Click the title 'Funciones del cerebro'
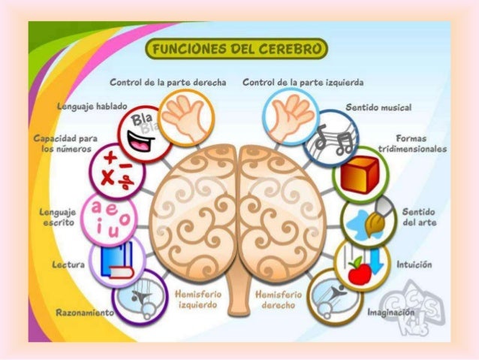click(239, 50)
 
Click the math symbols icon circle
click(111, 171)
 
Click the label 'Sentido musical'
click(378, 108)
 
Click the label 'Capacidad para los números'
click(59, 144)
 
